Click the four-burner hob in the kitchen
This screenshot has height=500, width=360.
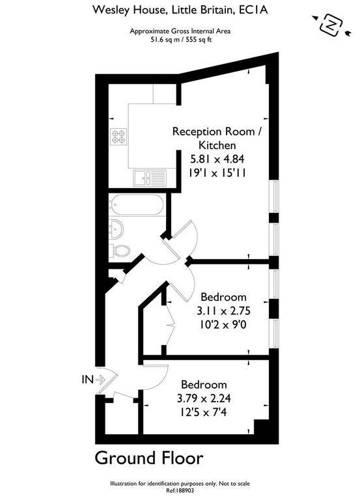pos(118,136)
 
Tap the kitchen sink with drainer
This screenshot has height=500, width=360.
pos(150,177)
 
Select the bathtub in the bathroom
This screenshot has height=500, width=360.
pos(137,204)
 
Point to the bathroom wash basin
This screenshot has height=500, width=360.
pos(116,229)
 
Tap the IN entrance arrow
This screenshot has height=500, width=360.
pos(100,380)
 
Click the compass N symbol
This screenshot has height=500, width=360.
pos(331,25)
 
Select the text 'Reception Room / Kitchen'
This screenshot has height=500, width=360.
pos(218,139)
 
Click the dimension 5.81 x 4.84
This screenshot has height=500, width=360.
pos(217,158)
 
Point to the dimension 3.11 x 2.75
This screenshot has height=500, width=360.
pos(223,311)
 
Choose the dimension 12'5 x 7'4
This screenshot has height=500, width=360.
pos(204,413)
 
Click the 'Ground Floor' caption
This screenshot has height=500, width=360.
pos(149,458)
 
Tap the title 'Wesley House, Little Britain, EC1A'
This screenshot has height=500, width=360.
pos(180,10)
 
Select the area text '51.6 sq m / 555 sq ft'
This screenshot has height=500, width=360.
pos(180,40)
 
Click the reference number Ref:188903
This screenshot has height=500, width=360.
pos(180,491)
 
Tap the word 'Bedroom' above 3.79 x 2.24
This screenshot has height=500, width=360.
pos(204,384)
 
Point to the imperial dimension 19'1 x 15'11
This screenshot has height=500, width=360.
pos(217,173)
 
